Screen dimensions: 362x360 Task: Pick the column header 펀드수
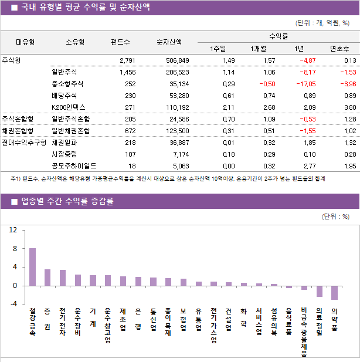point(120,42)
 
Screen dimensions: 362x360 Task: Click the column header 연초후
point(339,49)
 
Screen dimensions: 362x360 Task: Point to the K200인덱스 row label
point(69,107)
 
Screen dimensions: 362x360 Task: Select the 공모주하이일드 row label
point(74,166)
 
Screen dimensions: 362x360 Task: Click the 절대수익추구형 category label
point(23,143)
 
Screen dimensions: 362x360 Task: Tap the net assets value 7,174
point(179,154)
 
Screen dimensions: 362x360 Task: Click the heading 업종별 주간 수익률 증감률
point(67,202)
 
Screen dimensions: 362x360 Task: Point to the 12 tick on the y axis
point(13,231)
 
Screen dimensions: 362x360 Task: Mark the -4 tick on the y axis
point(13,304)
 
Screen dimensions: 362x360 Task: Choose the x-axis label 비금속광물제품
point(304,331)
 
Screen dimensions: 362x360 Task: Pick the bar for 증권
point(47,278)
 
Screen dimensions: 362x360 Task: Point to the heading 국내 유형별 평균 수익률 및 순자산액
point(85,8)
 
